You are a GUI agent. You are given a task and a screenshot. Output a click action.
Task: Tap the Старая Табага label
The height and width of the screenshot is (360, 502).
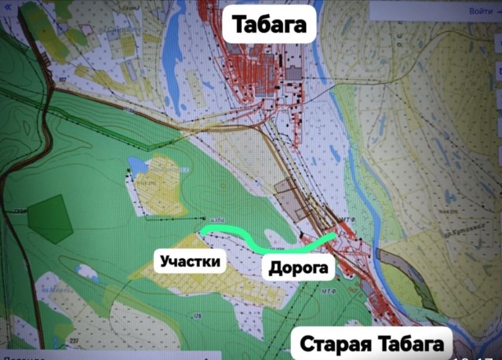[372, 344]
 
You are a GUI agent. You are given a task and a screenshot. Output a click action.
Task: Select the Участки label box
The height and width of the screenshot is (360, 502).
[190, 260]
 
